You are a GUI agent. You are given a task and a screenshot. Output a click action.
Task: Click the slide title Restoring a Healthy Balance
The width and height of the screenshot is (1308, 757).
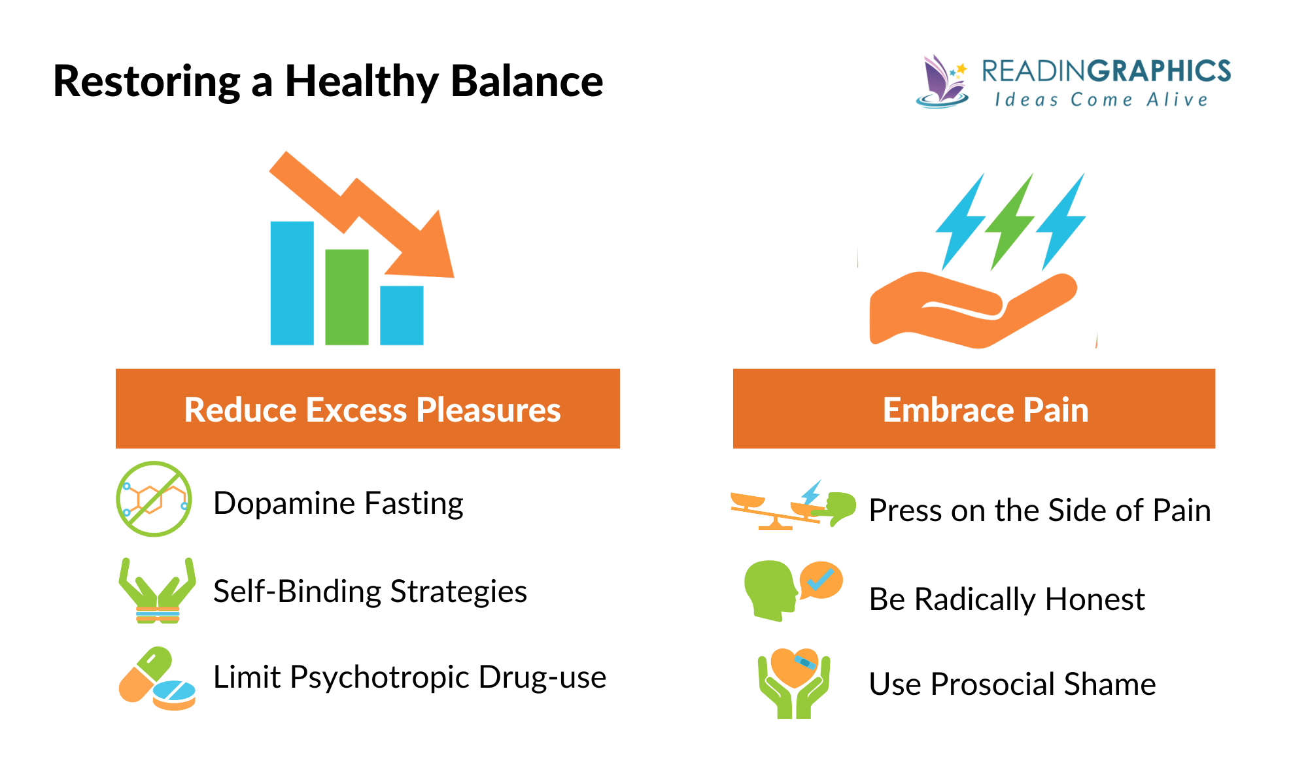tap(328, 81)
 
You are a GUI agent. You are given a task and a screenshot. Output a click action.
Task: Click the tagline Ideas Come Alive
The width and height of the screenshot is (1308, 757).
tap(1101, 100)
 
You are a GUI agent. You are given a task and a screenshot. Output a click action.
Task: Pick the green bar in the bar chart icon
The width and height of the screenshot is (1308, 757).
tap(347, 297)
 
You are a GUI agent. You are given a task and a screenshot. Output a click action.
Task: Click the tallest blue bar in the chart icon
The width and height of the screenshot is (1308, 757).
tap(292, 282)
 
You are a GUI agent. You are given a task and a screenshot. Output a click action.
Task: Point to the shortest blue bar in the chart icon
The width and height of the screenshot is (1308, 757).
tap(402, 315)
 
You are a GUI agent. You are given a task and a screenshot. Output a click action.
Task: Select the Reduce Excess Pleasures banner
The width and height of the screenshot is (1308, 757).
tap(368, 409)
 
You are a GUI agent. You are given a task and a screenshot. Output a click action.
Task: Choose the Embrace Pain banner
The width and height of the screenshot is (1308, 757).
tap(974, 409)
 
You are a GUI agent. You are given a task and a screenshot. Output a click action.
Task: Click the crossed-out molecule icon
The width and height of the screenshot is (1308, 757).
tap(154, 499)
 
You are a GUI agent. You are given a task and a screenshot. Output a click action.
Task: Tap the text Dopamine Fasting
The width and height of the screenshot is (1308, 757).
tap(338, 503)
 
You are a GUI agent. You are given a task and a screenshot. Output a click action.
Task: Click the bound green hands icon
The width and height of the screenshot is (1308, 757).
tap(157, 591)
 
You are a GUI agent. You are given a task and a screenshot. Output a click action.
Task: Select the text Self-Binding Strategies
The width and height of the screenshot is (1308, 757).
tap(370, 592)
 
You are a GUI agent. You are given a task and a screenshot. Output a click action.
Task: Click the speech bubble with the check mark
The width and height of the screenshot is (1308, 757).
tap(821, 580)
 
